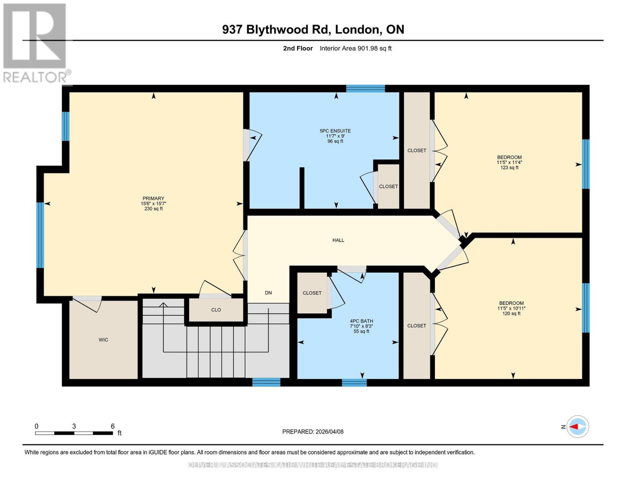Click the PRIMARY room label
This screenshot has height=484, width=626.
(x=153, y=198)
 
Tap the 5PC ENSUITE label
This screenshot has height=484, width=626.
(x=335, y=131)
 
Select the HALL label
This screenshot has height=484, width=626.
(x=338, y=240)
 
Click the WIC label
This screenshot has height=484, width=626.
(x=103, y=340)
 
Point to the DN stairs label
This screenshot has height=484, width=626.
(x=268, y=293)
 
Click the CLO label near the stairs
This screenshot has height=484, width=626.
(x=216, y=310)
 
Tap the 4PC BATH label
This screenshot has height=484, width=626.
(x=361, y=321)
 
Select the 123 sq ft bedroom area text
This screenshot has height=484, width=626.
(x=509, y=168)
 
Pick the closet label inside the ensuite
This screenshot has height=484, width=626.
(x=388, y=187)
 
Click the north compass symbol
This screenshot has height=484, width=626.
(x=577, y=426)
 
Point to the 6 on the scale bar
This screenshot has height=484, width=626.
(x=112, y=426)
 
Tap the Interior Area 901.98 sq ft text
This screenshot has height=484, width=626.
(x=356, y=48)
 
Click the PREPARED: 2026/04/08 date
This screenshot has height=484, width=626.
(x=313, y=432)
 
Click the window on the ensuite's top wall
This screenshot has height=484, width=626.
(x=365, y=89)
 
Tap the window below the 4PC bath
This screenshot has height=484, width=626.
(x=354, y=382)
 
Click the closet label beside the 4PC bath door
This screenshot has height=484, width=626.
(x=312, y=293)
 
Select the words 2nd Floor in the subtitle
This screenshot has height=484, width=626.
(x=298, y=48)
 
